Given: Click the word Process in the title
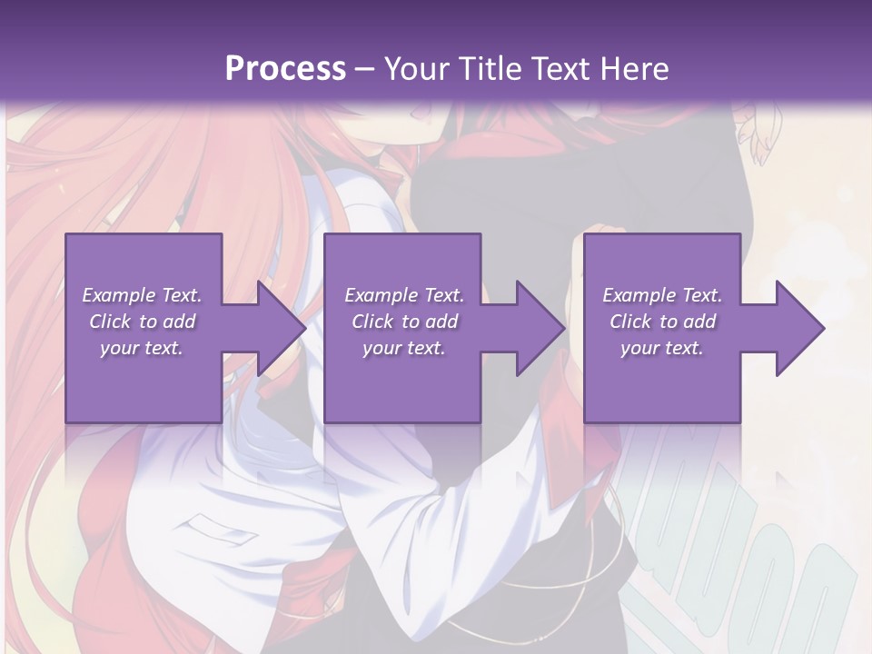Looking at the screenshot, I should tap(285, 69).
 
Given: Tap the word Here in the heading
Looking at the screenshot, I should tap(633, 69).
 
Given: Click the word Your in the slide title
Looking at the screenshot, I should tap(415, 69).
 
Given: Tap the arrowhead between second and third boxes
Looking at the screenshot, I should tap(541, 328).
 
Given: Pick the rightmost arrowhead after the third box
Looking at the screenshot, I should tap(800, 328).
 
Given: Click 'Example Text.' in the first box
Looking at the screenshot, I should tap(143, 295).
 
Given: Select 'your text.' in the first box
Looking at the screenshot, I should tap(143, 348).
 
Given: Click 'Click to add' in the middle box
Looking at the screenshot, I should tap(405, 322).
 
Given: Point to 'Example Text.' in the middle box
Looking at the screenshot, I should tap(404, 295).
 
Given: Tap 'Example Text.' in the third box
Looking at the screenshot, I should tap(662, 295).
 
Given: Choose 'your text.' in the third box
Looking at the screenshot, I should tap(662, 348).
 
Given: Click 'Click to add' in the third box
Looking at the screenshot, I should tap(663, 322).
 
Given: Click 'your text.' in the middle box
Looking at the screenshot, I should tap(404, 348).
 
